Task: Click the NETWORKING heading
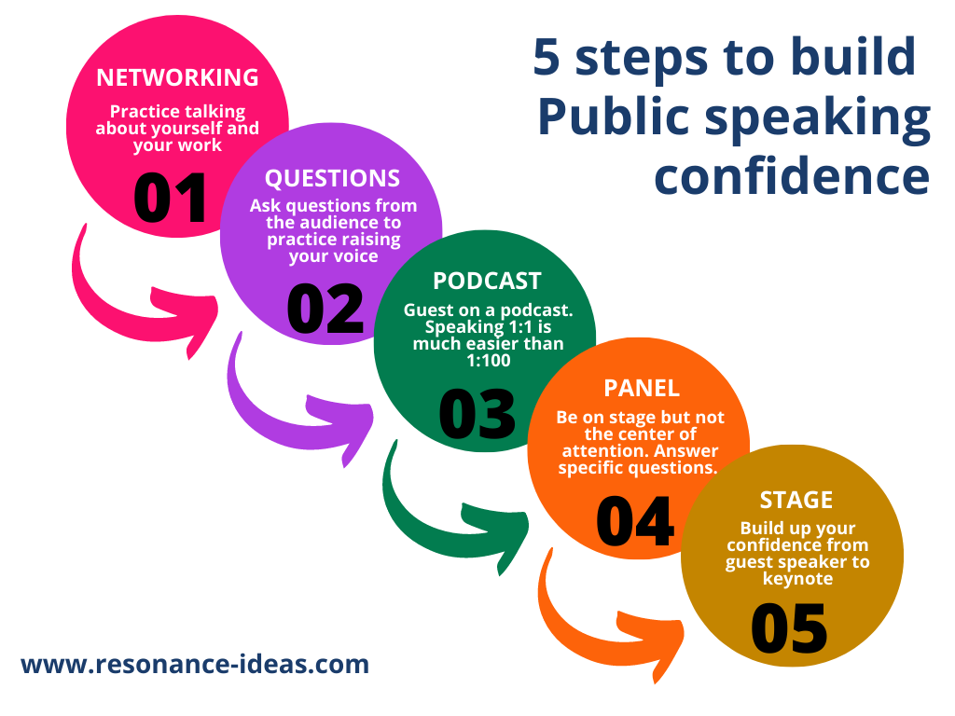point(177,76)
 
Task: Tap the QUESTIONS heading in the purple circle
point(332,178)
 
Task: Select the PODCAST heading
point(487,281)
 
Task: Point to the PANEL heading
point(641,386)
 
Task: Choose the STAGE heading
point(796,500)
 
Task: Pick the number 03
point(477,414)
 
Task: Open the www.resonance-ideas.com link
point(195,665)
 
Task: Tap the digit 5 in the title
point(549,58)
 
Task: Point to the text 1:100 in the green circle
point(485,360)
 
